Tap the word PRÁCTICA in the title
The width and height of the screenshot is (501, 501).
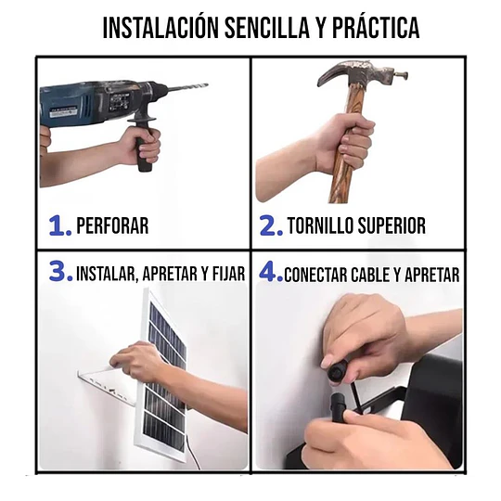pyautogui.click(x=376, y=28)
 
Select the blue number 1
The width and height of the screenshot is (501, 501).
pyautogui.click(x=59, y=225)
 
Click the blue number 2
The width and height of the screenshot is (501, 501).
pyautogui.click(x=271, y=225)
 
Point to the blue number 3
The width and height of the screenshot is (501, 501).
pyautogui.click(x=60, y=271)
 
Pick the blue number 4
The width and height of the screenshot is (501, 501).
pyautogui.click(x=271, y=271)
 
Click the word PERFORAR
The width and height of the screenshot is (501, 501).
pyautogui.click(x=112, y=225)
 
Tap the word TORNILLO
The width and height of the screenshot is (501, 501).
pyautogui.click(x=320, y=225)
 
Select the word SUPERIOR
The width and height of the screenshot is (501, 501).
pyautogui.click(x=392, y=225)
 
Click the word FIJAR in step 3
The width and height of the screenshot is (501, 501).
pyautogui.click(x=227, y=274)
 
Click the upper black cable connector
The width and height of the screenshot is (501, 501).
pyautogui.click(x=337, y=371)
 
